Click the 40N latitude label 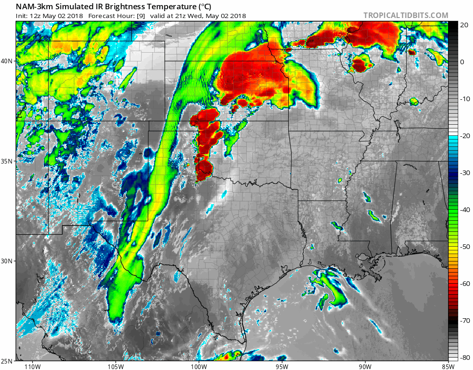(x=7, y=61)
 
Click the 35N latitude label (x=7, y=161)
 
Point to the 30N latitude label (x=7, y=261)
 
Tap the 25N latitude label (x=7, y=360)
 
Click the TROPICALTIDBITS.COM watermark (x=406, y=15)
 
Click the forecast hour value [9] (x=140, y=16)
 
